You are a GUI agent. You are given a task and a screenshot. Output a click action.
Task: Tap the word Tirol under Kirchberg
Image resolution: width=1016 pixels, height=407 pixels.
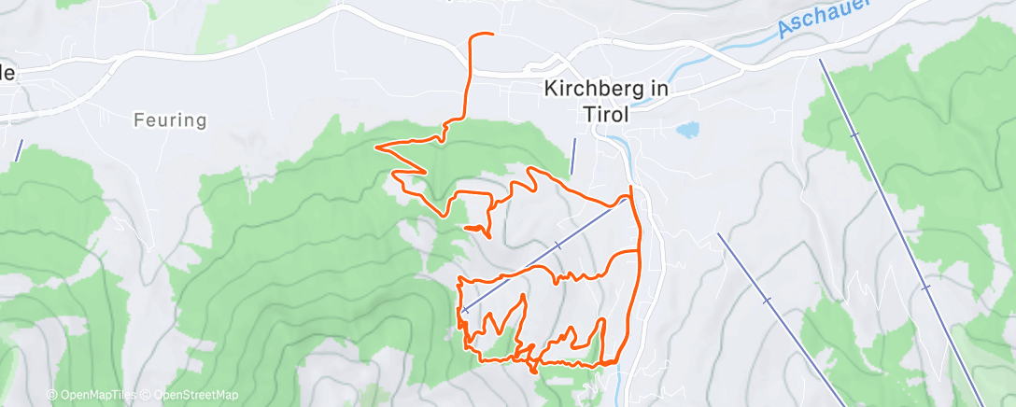[x=607, y=113]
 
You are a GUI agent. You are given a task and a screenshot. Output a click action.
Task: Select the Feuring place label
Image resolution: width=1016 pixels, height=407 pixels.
[x=169, y=120]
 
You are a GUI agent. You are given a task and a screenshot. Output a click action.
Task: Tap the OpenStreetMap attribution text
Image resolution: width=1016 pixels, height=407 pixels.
[x=192, y=395]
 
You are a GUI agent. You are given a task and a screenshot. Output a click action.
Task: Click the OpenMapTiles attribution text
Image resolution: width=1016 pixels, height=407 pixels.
[x=93, y=395]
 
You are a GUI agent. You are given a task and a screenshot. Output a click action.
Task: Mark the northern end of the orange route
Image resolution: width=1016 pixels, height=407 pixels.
[x=491, y=35]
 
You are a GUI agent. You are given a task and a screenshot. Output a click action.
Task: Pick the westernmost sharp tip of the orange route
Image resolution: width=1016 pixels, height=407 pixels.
[x=375, y=147]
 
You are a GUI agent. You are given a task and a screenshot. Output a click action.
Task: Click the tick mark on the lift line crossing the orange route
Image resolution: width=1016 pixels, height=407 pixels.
[x=557, y=246]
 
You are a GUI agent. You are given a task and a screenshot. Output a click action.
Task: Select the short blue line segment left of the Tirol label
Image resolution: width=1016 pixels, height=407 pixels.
[x=573, y=155]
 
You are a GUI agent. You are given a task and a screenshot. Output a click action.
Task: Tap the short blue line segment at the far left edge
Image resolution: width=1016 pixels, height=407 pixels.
[x=18, y=148]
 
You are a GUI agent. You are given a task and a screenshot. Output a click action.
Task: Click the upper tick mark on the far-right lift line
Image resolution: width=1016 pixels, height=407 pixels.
[x=854, y=136]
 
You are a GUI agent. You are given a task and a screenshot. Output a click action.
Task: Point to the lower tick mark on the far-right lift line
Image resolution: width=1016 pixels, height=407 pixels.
[x=926, y=288]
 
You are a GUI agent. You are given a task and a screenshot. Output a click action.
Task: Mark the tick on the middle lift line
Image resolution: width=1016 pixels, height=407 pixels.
[x=767, y=301]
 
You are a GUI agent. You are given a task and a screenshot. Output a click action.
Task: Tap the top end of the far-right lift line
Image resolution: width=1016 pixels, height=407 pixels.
[x=821, y=60]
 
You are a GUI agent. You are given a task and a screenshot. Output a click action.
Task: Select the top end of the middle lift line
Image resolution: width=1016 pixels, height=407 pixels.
[x=719, y=233]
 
